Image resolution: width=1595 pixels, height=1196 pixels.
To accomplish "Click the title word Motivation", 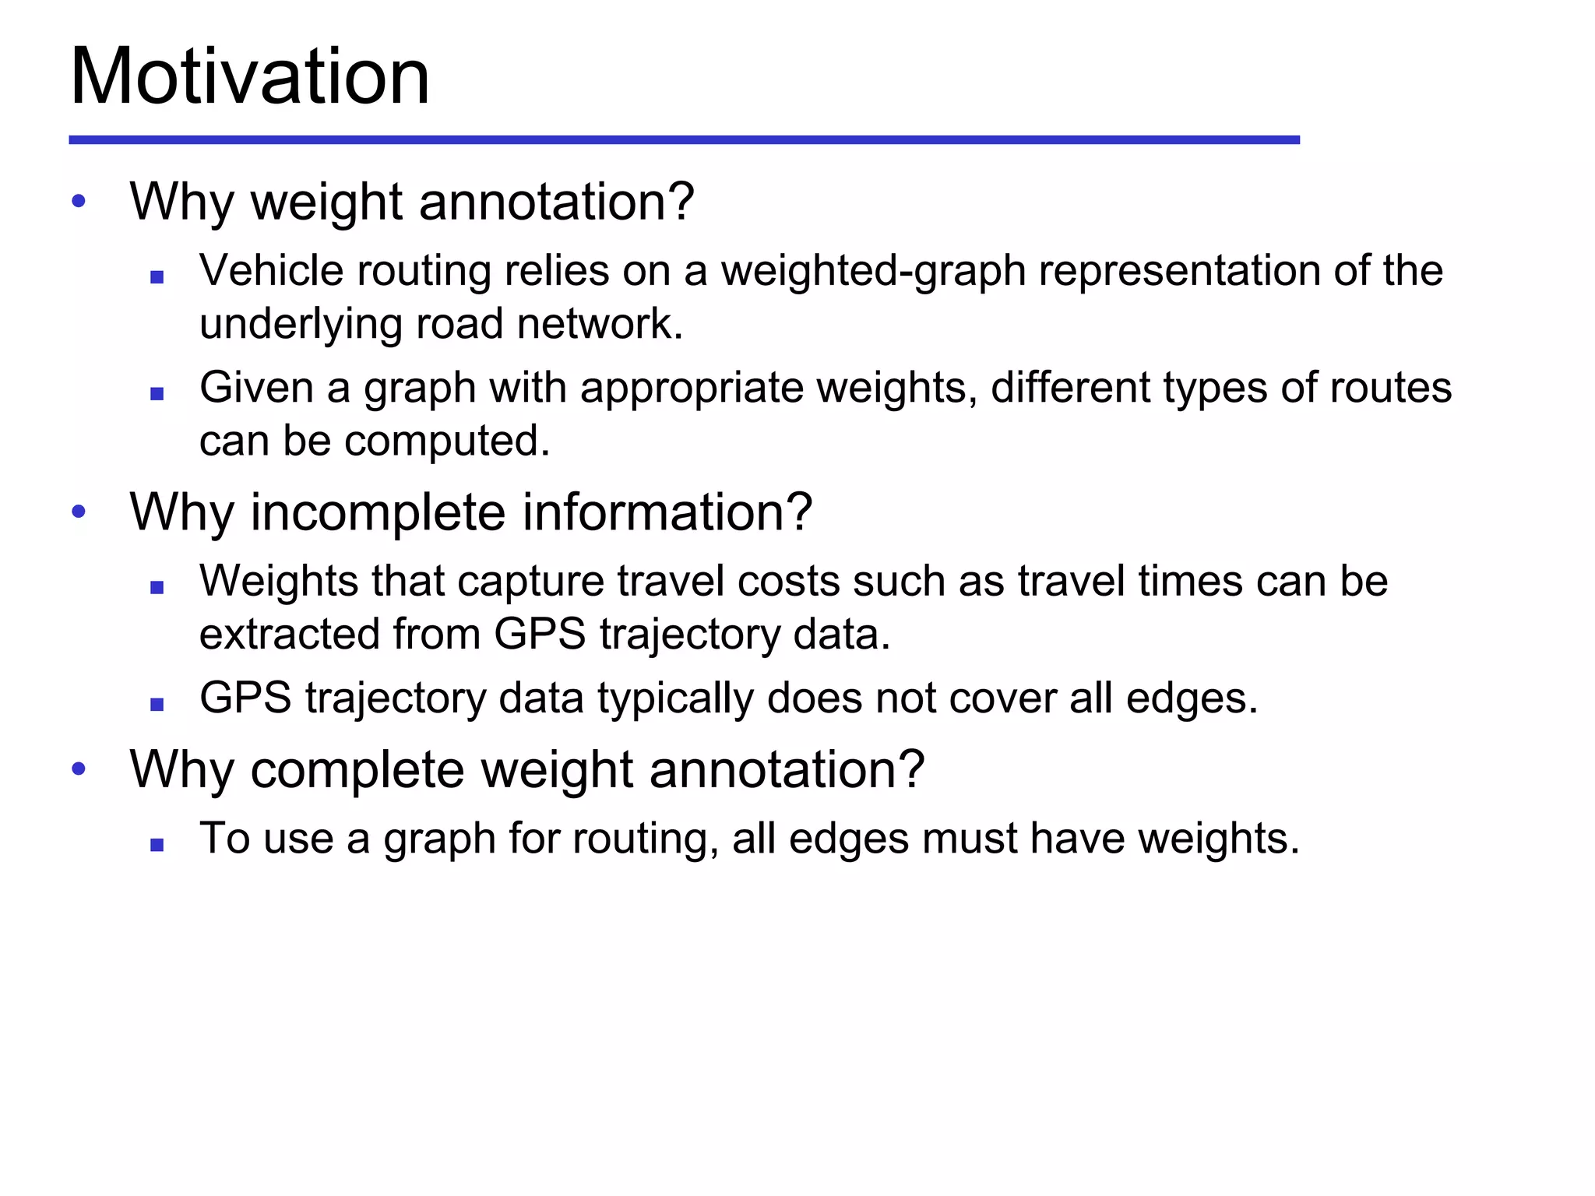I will point(249,76).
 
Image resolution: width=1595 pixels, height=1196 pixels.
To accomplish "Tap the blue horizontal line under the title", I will point(684,140).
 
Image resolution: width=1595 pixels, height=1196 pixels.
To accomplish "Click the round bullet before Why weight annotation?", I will point(78,202).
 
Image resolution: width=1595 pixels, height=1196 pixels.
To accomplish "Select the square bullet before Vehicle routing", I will point(157,276).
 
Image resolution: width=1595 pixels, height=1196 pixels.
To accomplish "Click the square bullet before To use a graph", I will point(157,845).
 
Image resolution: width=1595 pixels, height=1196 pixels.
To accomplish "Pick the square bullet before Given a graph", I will point(157,394).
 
